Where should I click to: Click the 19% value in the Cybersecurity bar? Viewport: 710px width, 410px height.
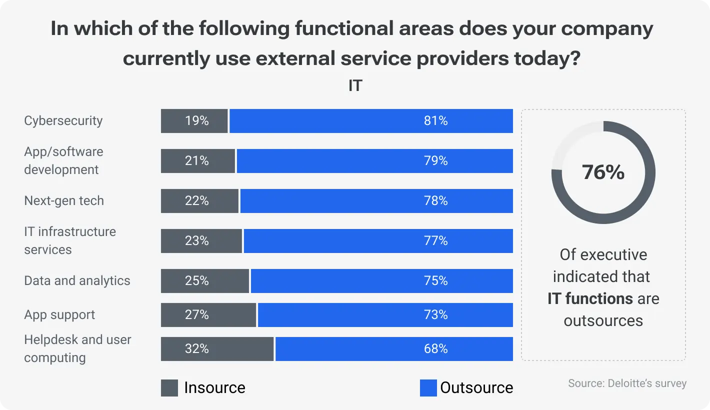click(x=196, y=121)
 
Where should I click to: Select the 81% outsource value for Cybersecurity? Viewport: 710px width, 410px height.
click(x=435, y=121)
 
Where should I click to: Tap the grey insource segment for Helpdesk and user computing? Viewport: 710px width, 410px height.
click(x=217, y=349)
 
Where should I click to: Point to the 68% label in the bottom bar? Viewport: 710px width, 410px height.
click(x=435, y=349)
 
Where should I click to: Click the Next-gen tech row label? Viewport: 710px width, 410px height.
click(x=64, y=201)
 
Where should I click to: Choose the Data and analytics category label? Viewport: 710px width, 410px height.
click(x=77, y=281)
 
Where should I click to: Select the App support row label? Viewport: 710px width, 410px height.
click(x=59, y=315)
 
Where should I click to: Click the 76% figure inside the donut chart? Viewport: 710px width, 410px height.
click(x=603, y=172)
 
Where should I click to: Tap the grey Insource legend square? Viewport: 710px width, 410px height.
click(x=169, y=388)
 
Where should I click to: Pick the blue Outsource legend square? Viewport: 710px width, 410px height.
click(x=428, y=388)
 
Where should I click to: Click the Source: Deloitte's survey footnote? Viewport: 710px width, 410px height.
click(x=627, y=383)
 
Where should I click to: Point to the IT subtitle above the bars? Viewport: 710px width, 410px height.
click(x=354, y=86)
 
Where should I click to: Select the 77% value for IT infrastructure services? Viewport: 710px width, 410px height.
click(x=435, y=241)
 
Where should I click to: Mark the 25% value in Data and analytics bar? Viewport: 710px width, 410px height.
click(x=196, y=281)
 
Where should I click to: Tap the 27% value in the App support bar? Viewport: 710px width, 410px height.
click(x=196, y=315)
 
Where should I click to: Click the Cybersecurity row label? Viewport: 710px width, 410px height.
click(x=63, y=121)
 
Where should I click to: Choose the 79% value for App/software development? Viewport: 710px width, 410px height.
click(x=435, y=161)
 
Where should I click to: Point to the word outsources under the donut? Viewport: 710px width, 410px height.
click(x=603, y=320)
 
